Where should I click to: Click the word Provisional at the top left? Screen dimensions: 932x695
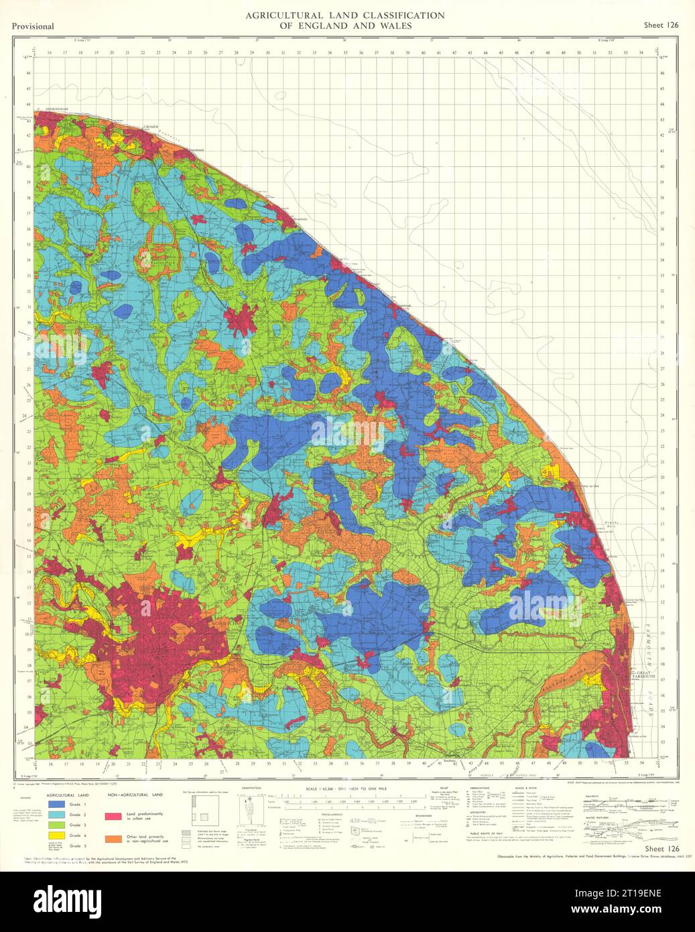[33, 26]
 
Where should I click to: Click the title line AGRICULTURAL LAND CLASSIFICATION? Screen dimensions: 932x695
[344, 15]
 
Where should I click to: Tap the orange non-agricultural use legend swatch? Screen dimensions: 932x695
[114, 838]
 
